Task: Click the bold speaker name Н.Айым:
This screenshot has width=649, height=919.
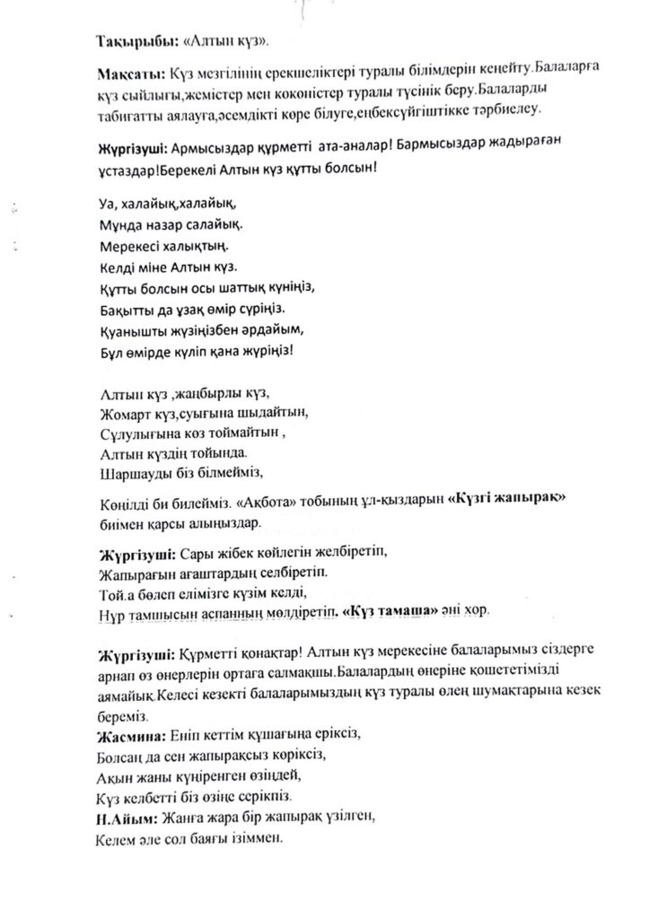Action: (126, 818)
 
